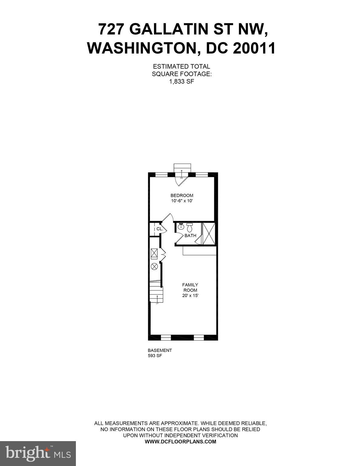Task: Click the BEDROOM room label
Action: pos(182,195)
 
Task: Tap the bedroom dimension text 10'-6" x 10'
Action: pos(182,201)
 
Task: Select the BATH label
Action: pos(190,235)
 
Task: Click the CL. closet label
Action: pos(160,229)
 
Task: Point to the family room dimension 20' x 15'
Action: pos(190,295)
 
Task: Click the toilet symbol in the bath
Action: pos(190,227)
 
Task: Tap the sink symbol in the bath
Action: pos(181,226)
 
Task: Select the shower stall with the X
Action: pos(209,234)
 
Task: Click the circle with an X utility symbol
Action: pos(154,267)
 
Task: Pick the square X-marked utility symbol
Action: pos(154,253)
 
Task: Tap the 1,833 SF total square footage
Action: pos(182,81)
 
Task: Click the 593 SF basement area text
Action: pos(155,356)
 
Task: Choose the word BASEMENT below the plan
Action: pos(160,350)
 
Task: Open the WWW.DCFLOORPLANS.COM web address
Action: pos(181,442)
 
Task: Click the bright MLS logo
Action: pos(38,453)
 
